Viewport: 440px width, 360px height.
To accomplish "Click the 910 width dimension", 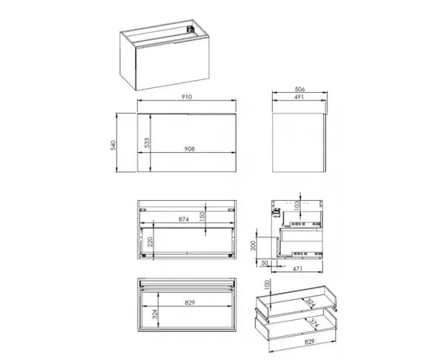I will coord(187,97).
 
